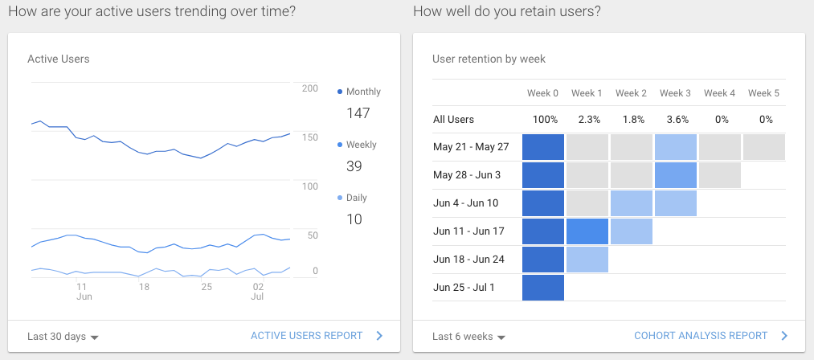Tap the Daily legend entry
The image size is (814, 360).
[354, 198]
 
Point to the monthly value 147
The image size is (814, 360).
[358, 113]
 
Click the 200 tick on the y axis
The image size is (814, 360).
[309, 88]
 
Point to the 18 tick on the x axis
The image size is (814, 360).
[144, 286]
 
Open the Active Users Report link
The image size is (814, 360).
[306, 336]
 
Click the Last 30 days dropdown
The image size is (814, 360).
[63, 337]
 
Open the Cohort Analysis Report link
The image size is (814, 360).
[701, 336]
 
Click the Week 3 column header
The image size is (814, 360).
[675, 93]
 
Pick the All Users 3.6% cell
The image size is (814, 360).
[675, 120]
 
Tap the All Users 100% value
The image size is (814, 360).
[543, 120]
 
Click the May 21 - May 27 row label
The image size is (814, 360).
[471, 147]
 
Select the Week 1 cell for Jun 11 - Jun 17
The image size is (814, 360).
[587, 231]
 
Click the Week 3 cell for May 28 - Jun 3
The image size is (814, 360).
[676, 175]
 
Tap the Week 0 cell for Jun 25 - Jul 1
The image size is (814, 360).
[543, 288]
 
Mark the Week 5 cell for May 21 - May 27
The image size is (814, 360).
[764, 147]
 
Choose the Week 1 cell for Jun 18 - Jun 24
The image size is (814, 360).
[587, 260]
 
